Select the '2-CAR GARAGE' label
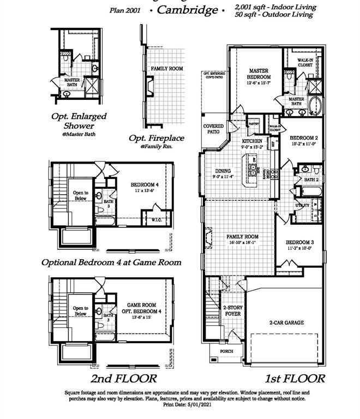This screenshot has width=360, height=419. [x=286, y=322]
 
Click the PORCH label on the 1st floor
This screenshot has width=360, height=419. [x=226, y=351]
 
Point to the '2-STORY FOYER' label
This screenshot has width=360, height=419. [x=232, y=311]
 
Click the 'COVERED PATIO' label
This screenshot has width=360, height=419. [x=213, y=129]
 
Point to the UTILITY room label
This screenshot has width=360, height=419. [x=302, y=205]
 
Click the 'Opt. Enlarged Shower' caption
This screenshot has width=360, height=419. [x=79, y=121]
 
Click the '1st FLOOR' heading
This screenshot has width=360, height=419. [x=295, y=378]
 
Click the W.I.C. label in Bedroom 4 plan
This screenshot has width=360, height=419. [x=155, y=220]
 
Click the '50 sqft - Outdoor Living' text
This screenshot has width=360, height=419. [x=274, y=15]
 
